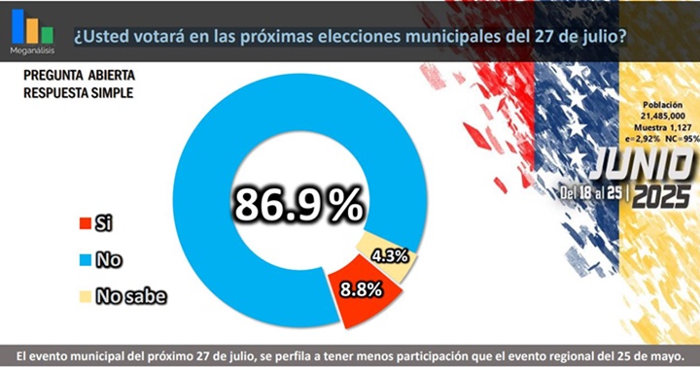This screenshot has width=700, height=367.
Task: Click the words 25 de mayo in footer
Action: pyautogui.click(x=651, y=355)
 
